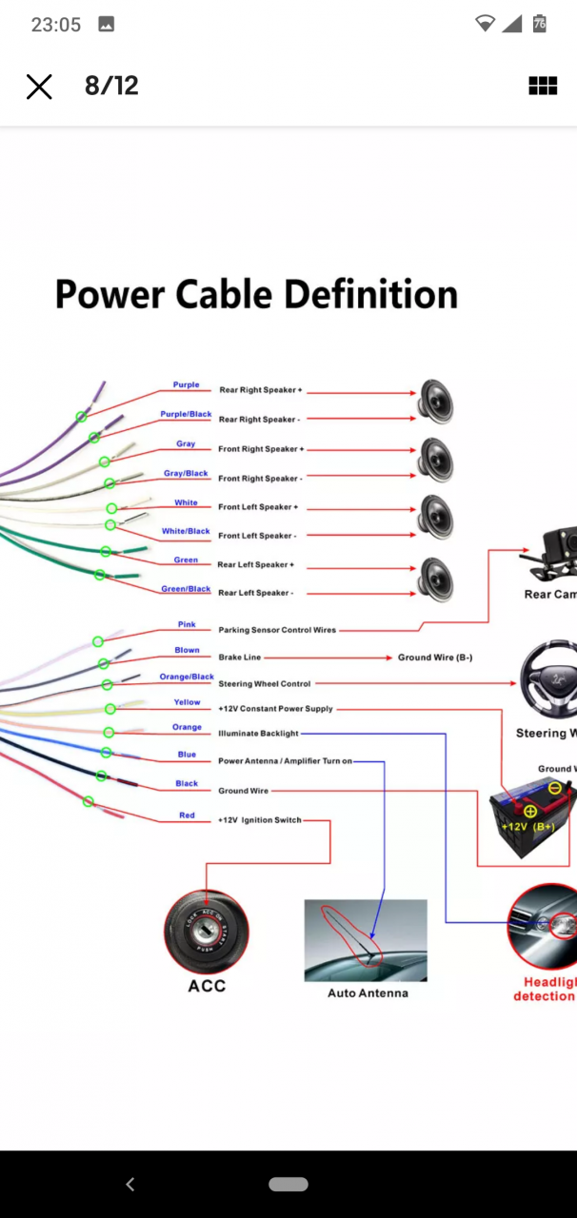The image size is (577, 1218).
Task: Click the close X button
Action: pos(39,87)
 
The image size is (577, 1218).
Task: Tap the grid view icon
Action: pos(543,87)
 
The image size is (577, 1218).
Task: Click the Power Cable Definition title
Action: pos(256,294)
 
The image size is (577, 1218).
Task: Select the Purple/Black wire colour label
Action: pos(186,415)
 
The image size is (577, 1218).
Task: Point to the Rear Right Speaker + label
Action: pos(260,390)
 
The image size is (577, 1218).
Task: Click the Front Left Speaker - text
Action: pos(256,536)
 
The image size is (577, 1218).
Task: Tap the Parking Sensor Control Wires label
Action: pos(276,630)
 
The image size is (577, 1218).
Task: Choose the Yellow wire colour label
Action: pos(187,702)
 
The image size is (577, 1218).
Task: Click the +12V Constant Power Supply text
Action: pos(275,709)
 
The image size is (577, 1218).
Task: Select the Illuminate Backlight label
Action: pos(258,734)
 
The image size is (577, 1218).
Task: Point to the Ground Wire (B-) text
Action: pos(434,658)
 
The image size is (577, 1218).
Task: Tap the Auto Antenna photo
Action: pos(366,940)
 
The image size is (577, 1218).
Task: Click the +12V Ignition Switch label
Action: pos(259,820)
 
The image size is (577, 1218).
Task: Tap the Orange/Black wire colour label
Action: pos(187,678)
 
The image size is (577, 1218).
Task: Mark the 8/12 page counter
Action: pos(111,86)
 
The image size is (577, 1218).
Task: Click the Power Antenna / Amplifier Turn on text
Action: pos(285,761)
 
